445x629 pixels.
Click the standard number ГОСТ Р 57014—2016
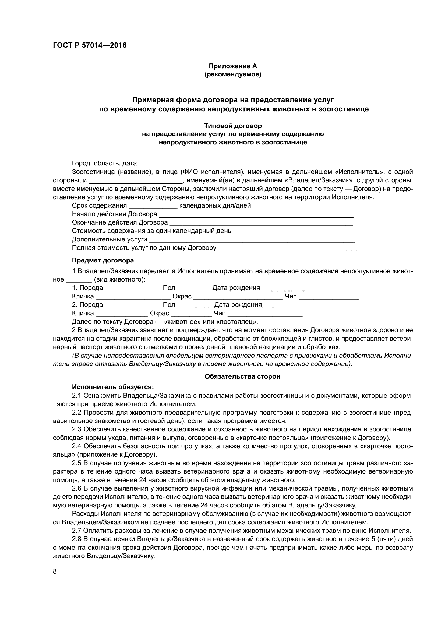tap(90, 45)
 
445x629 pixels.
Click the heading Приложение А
tap(233, 66)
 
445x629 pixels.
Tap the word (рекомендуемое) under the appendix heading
tap(233, 74)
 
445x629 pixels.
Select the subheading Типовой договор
tap(233, 126)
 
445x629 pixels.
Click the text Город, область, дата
tap(104, 164)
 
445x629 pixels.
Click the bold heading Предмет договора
tap(103, 260)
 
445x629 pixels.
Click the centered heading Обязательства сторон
tap(242, 377)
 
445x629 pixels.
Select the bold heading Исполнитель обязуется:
tap(113, 387)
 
